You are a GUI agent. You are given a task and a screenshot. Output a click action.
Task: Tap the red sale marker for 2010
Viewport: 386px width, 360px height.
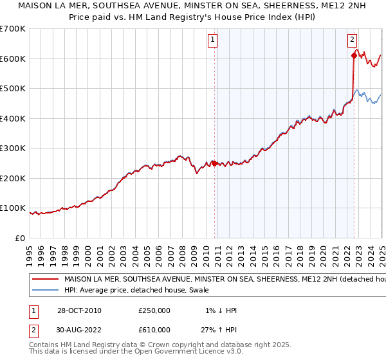coord(214,163)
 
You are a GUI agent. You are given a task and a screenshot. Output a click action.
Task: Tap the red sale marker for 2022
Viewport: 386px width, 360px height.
coord(354,56)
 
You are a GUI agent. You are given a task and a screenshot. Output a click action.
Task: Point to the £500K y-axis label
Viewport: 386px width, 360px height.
coord(13,89)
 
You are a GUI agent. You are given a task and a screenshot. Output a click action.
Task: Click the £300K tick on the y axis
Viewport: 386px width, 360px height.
coord(13,148)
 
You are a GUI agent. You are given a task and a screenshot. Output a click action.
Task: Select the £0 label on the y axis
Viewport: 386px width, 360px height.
coord(20,238)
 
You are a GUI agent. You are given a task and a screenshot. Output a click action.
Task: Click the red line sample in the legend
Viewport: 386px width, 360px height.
coord(45,280)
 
